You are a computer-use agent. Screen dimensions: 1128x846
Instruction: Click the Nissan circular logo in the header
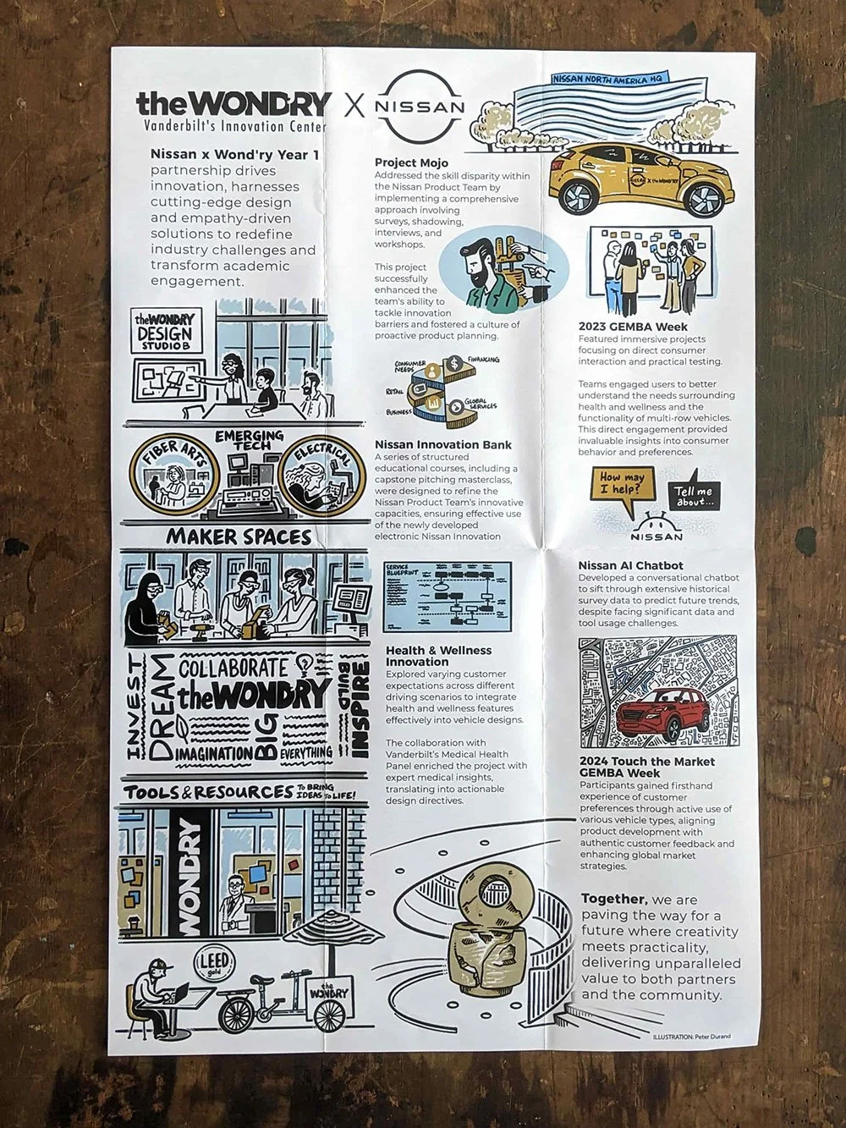coord(420,107)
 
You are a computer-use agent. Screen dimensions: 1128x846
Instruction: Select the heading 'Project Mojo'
coord(411,162)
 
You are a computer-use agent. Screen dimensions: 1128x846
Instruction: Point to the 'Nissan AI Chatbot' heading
coord(630,565)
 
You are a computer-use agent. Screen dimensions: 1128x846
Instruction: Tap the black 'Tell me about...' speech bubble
coord(694,497)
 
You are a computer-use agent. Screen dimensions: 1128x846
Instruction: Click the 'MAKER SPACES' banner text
coord(239,536)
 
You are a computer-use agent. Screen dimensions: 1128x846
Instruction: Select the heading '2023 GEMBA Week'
coord(633,327)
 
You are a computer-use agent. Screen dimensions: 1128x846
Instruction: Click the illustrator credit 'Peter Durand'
coord(710,1036)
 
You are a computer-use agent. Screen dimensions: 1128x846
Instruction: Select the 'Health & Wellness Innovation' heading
coord(438,656)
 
